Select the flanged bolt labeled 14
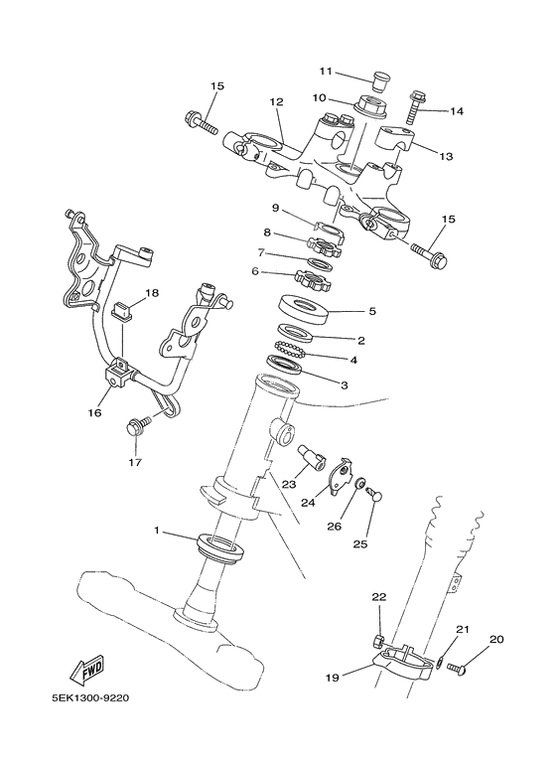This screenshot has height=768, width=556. coord(415,102)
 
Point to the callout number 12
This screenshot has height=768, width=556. coord(276,102)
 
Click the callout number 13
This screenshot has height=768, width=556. coord(445,156)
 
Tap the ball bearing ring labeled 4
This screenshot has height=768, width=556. coord(297,350)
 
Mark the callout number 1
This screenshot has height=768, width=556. coord(155,531)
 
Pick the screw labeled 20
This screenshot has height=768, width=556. coord(458,668)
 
